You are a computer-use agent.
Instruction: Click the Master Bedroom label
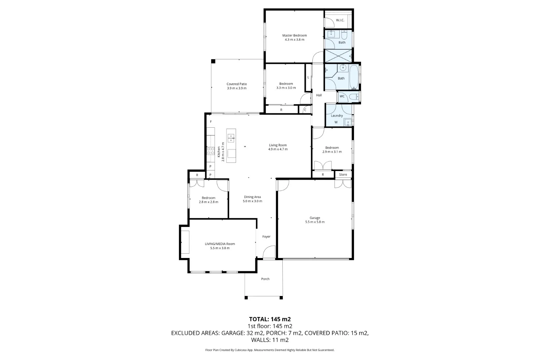coord(294,35)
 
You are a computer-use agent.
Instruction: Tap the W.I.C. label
coord(340,20)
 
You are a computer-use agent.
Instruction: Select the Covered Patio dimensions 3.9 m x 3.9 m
coord(236,88)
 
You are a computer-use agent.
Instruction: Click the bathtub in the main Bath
coord(354,77)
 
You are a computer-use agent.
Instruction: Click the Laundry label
coord(337,115)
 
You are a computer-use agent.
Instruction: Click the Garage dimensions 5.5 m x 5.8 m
coord(315,222)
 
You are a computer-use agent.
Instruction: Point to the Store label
coord(343,175)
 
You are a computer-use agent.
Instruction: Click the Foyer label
coord(266,237)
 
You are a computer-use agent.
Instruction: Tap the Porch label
coord(265,279)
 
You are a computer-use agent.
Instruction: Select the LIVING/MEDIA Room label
coord(220,244)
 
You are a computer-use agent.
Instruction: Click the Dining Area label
coord(252,197)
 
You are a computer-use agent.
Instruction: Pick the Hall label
coord(319,95)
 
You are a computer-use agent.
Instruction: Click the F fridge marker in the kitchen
coord(211,122)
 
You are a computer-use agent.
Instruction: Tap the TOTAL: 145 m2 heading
coord(270,319)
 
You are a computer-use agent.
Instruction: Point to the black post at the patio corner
coord(213,61)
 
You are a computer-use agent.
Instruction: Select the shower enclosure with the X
coord(338,56)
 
